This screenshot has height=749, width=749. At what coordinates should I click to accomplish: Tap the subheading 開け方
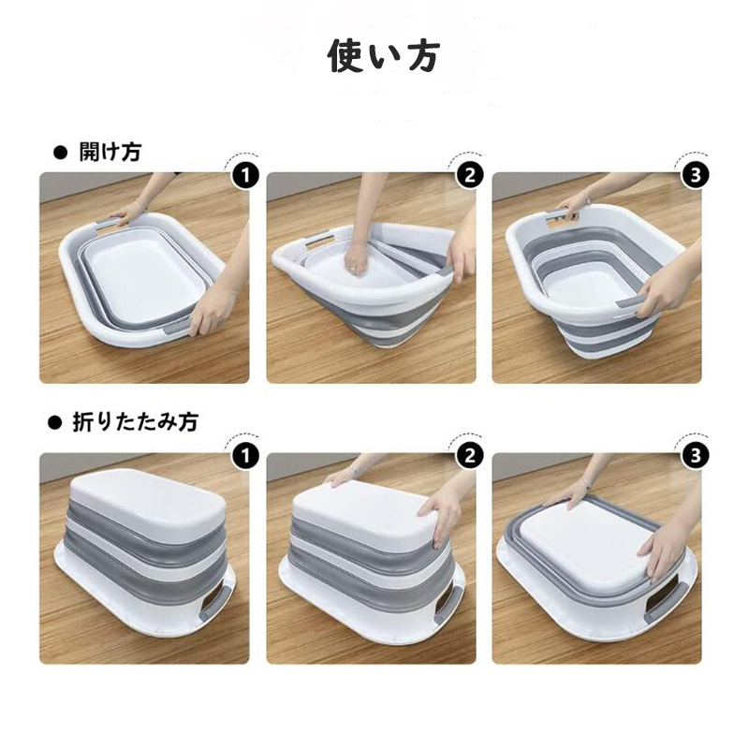point(110,153)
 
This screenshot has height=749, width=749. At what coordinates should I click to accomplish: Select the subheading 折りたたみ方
point(136,422)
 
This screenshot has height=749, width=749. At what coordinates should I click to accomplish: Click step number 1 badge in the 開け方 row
point(245,176)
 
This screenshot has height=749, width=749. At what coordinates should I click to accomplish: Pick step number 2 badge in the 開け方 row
point(470,175)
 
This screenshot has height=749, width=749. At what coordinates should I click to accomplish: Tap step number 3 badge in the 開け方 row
point(695,175)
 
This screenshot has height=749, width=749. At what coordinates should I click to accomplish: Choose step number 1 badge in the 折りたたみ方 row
point(245,457)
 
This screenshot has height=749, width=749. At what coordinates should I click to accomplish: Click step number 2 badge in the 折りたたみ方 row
point(470,456)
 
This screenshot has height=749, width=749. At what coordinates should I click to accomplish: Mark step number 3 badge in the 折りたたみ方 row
point(695,456)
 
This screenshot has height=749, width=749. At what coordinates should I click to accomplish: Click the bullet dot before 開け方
point(61,153)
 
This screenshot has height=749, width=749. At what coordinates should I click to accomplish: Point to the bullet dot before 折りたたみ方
point(55,423)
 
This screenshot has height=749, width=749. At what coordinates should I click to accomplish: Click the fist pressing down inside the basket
point(355,260)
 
